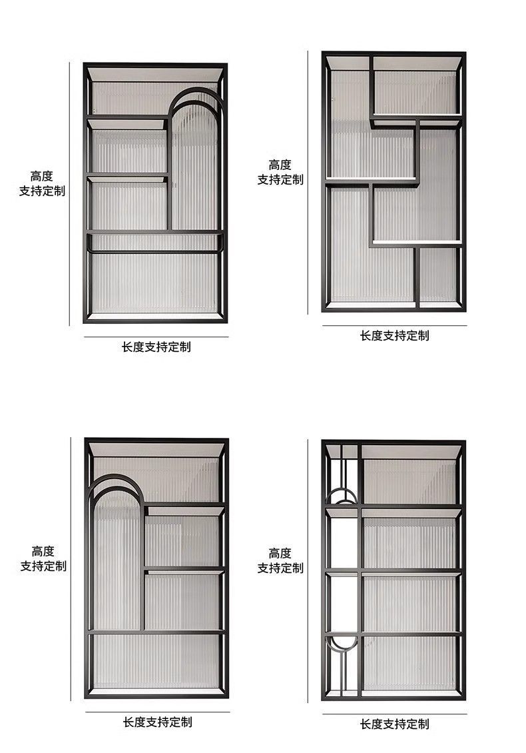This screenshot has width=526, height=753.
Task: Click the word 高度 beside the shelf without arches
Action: (x=280, y=165)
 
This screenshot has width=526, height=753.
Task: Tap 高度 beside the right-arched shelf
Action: (x=41, y=176)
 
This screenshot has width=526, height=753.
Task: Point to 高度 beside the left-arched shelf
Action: (x=43, y=551)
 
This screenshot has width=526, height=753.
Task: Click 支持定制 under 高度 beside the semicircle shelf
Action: (x=280, y=568)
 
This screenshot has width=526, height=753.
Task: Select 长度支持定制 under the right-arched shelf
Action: (x=156, y=347)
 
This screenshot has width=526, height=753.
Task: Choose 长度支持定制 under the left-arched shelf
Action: (x=157, y=722)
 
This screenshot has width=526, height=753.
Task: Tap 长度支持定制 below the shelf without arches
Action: (x=394, y=335)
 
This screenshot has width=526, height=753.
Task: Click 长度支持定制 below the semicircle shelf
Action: (x=394, y=724)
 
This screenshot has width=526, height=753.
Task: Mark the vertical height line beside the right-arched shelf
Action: (x=69, y=193)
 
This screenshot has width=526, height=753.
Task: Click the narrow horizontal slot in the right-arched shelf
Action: (x=154, y=242)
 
